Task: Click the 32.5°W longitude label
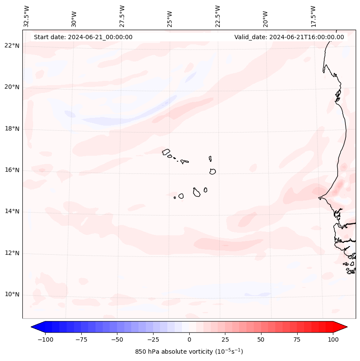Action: [27, 16]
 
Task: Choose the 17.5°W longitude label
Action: [313, 16]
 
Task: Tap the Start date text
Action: [83, 37]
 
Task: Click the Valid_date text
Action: [289, 37]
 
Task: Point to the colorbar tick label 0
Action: [189, 339]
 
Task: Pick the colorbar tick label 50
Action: [261, 339]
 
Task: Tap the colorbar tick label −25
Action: [153, 339]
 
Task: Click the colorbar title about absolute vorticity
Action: [189, 352]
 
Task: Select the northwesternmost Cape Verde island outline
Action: [166, 151]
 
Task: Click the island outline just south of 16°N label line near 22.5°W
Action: [212, 171]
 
